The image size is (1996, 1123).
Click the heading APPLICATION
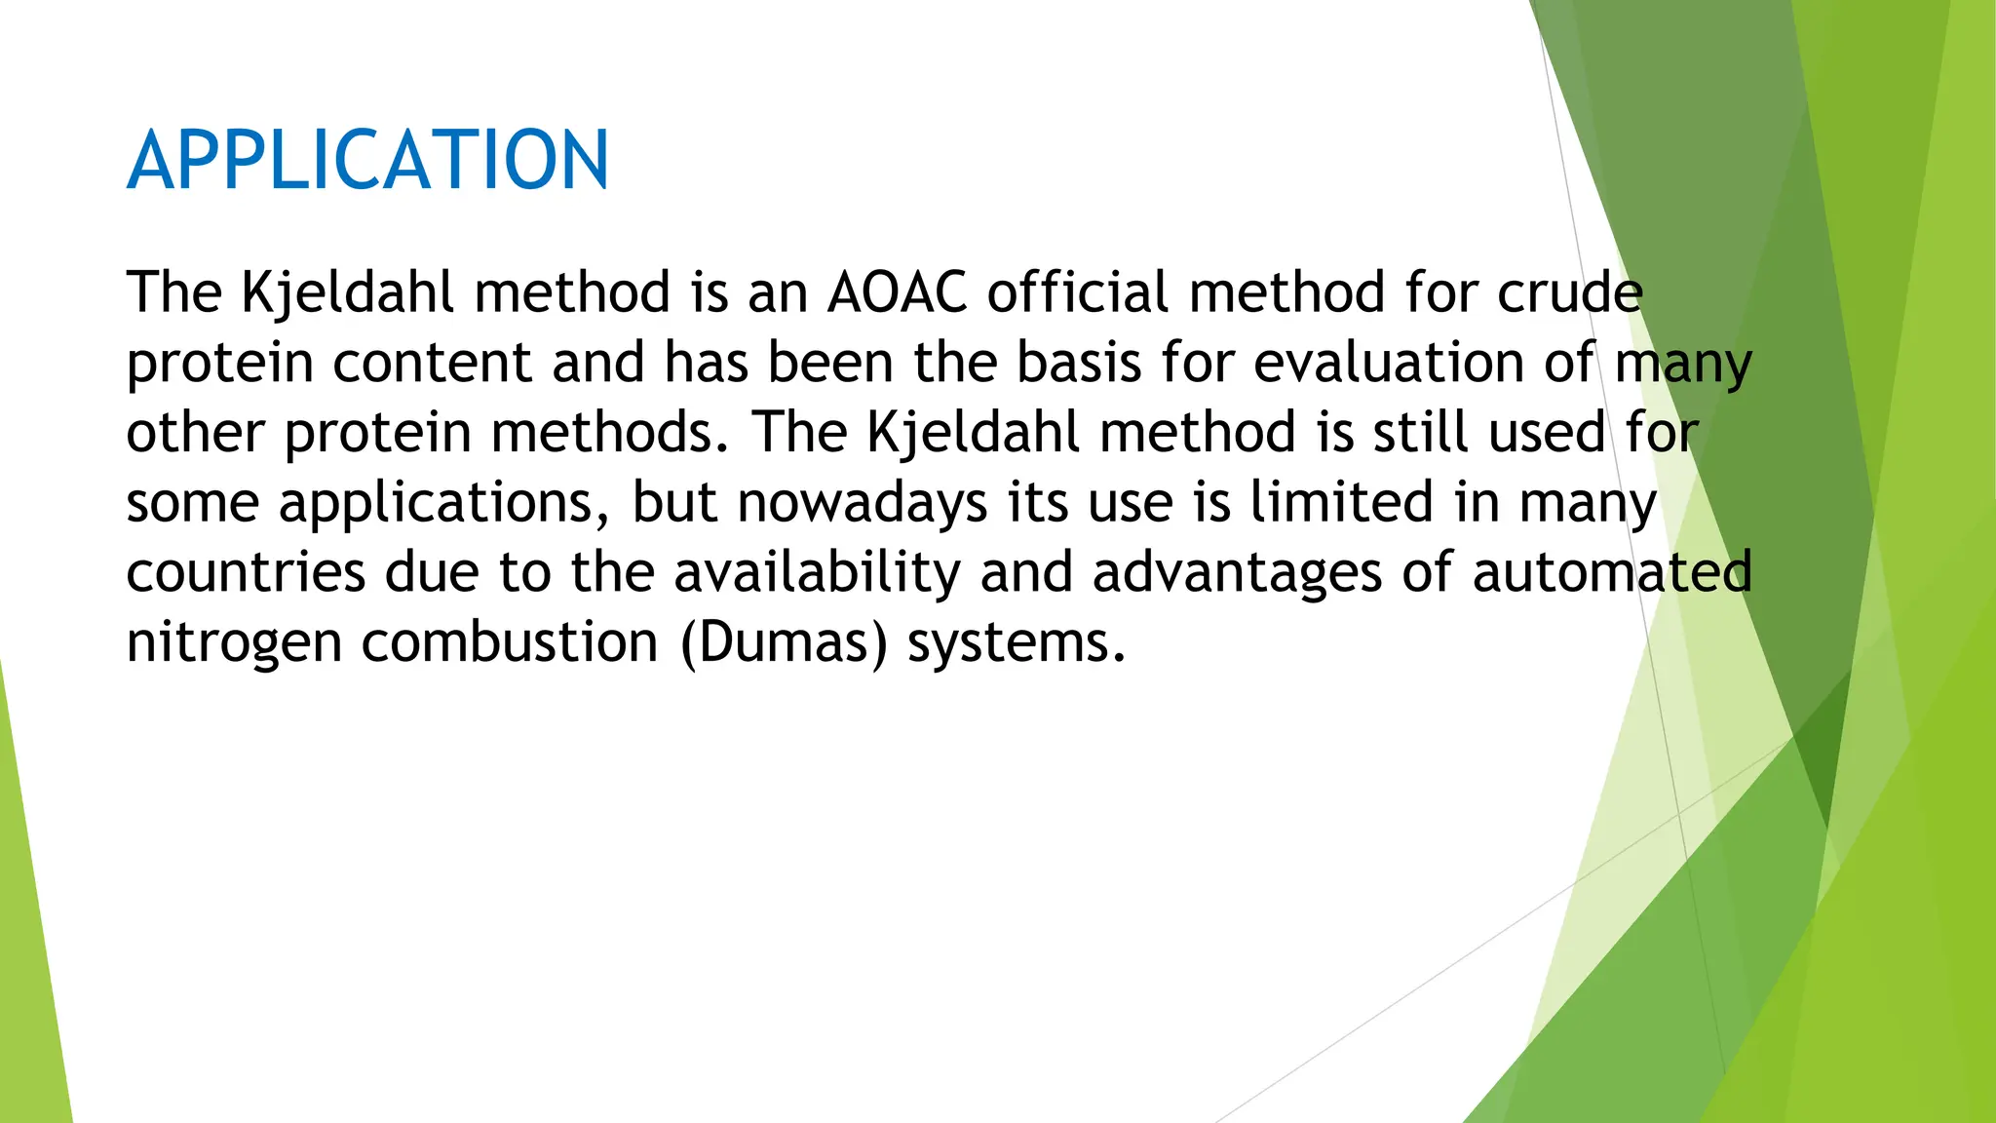click(367, 160)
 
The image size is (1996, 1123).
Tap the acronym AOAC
click(897, 292)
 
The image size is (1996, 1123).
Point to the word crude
click(1570, 292)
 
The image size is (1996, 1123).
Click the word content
click(433, 363)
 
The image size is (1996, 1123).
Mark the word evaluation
click(1388, 363)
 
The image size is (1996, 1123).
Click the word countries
click(246, 572)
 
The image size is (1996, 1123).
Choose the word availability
click(817, 572)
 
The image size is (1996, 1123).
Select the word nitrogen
click(234, 643)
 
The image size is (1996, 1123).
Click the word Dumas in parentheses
click(785, 642)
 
